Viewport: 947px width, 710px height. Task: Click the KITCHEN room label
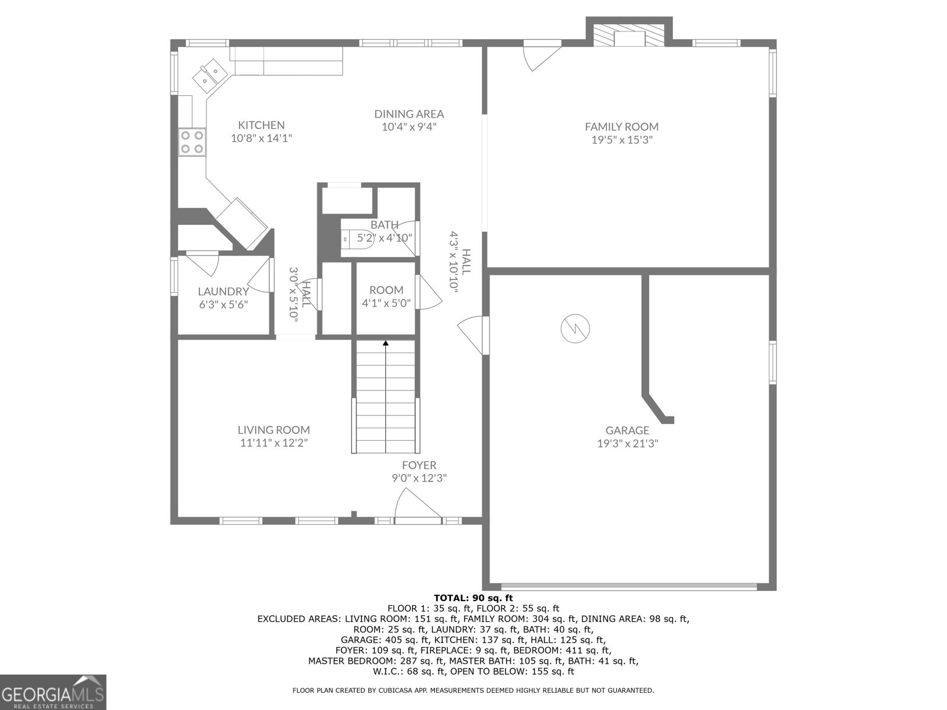click(x=261, y=125)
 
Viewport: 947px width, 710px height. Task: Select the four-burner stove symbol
click(x=192, y=142)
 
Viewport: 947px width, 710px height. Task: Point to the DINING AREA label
click(x=409, y=114)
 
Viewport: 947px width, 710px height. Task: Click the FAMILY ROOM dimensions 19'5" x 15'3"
click(x=621, y=140)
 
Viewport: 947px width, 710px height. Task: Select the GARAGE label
click(x=627, y=430)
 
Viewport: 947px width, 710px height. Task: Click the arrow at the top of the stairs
click(x=385, y=343)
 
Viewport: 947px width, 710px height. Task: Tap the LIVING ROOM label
click(x=273, y=430)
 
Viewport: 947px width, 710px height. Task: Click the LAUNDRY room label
click(x=223, y=291)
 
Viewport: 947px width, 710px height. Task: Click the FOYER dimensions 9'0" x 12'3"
click(x=419, y=478)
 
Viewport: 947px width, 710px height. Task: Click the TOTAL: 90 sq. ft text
click(x=474, y=598)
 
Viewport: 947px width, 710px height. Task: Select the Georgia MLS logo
click(x=53, y=692)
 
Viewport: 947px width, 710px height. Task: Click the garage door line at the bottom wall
click(x=629, y=586)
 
